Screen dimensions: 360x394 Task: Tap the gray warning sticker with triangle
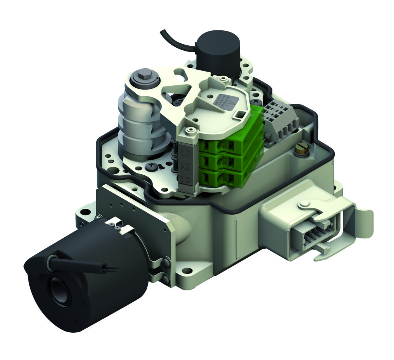pyautogui.click(x=225, y=101)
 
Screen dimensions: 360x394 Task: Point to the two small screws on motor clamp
pyautogui.click(x=114, y=226)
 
